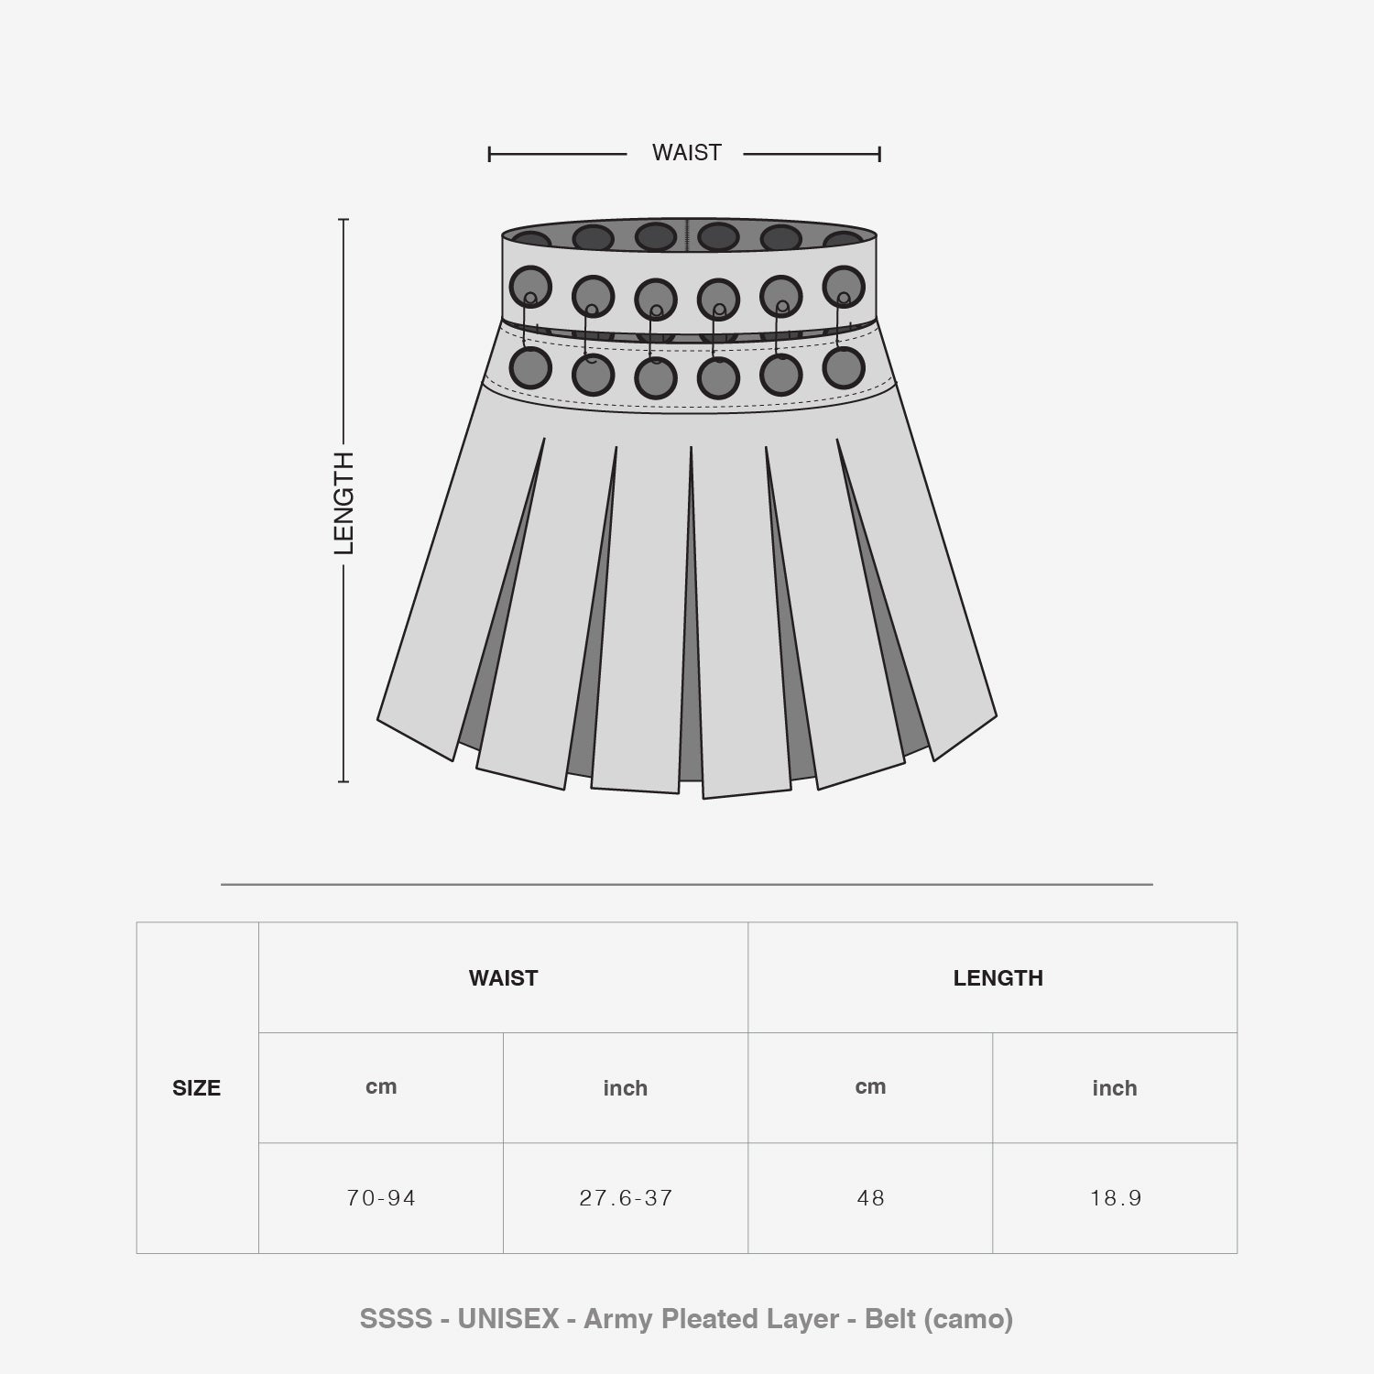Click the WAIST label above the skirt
coord(687,153)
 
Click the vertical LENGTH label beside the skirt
coord(343,503)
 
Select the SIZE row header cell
coord(197,1088)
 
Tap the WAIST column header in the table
coord(503,978)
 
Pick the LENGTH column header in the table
coord(998,978)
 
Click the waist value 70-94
coord(381,1198)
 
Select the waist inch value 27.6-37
coord(626,1198)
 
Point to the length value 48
coord(870,1198)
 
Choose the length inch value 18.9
coord(1115,1198)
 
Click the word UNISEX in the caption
coord(508,1319)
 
